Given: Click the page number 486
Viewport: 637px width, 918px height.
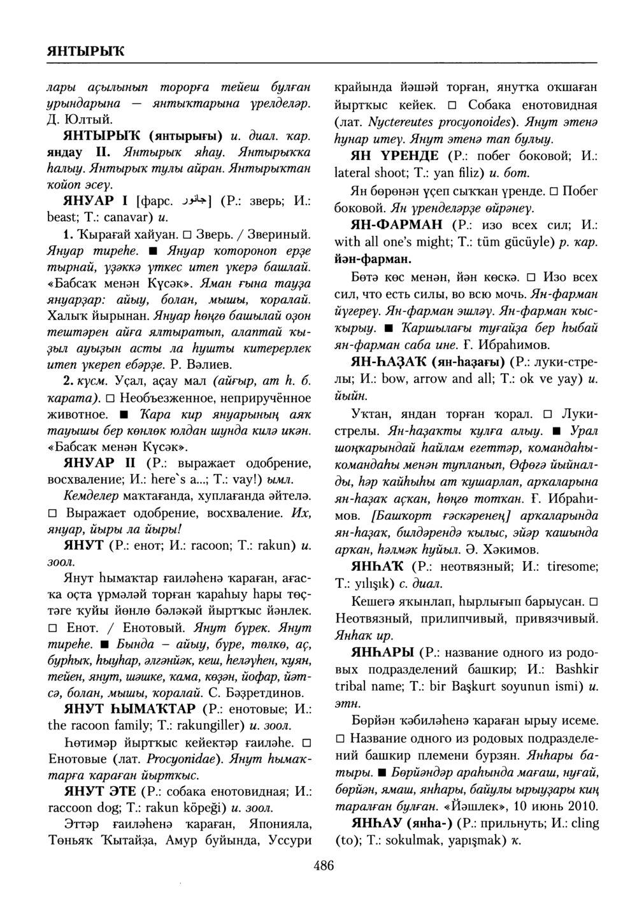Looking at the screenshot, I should point(324,864).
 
